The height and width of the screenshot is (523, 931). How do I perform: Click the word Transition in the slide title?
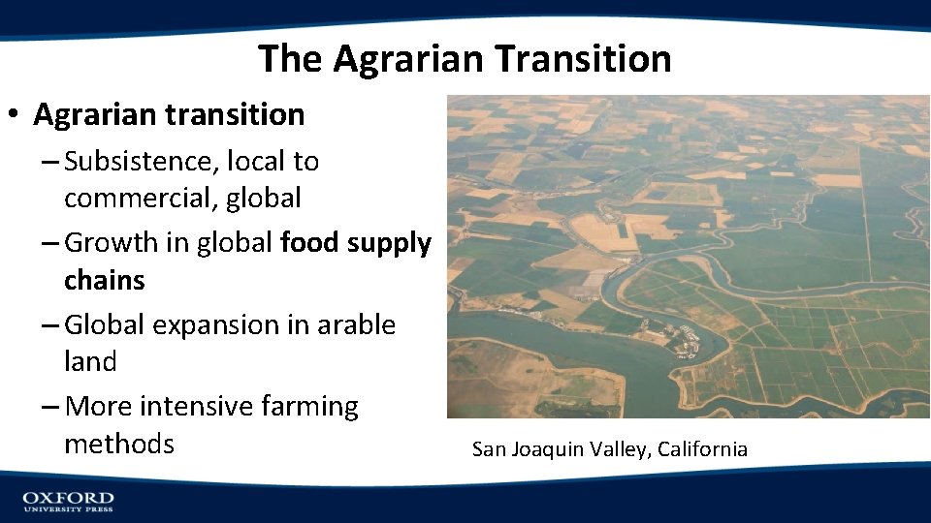point(583,59)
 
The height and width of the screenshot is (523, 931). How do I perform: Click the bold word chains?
point(104,281)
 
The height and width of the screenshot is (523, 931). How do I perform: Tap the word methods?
point(119,445)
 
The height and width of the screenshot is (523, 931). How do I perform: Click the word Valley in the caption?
point(622,449)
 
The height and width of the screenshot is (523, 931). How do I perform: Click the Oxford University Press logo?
point(68,501)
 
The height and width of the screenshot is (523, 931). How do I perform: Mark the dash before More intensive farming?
point(49,407)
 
